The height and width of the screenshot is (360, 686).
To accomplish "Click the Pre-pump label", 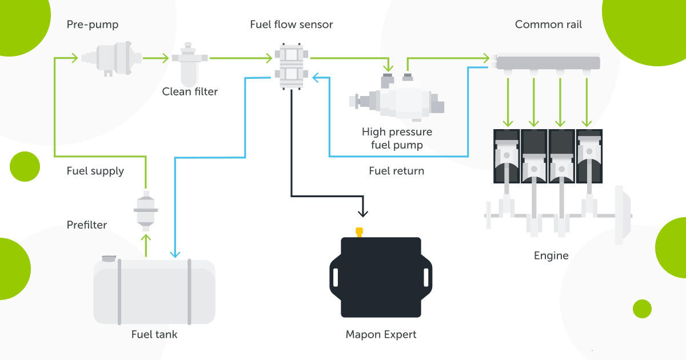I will pos(92,25).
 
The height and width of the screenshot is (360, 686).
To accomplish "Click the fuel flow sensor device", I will pos(291,65).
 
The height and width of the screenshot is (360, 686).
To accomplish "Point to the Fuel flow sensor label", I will pos(291,25).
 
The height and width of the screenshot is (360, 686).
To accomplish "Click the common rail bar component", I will pos(548,62).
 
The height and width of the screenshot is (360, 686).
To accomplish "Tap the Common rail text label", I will pos(548,25).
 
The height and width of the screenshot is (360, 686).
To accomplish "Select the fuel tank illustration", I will pos(154,291).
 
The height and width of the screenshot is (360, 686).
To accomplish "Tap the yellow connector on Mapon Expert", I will pos(360,231).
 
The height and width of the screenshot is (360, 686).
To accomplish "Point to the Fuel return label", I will pos(396,171).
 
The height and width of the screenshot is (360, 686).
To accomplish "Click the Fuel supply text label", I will pos(95,171).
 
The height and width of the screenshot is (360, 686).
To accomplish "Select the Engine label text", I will pos(551,255).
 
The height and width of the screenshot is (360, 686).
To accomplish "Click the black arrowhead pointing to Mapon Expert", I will pos(362,213).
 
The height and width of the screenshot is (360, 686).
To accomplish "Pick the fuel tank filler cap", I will pos(109,259).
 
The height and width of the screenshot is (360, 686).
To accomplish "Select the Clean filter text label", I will pos(190,91).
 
